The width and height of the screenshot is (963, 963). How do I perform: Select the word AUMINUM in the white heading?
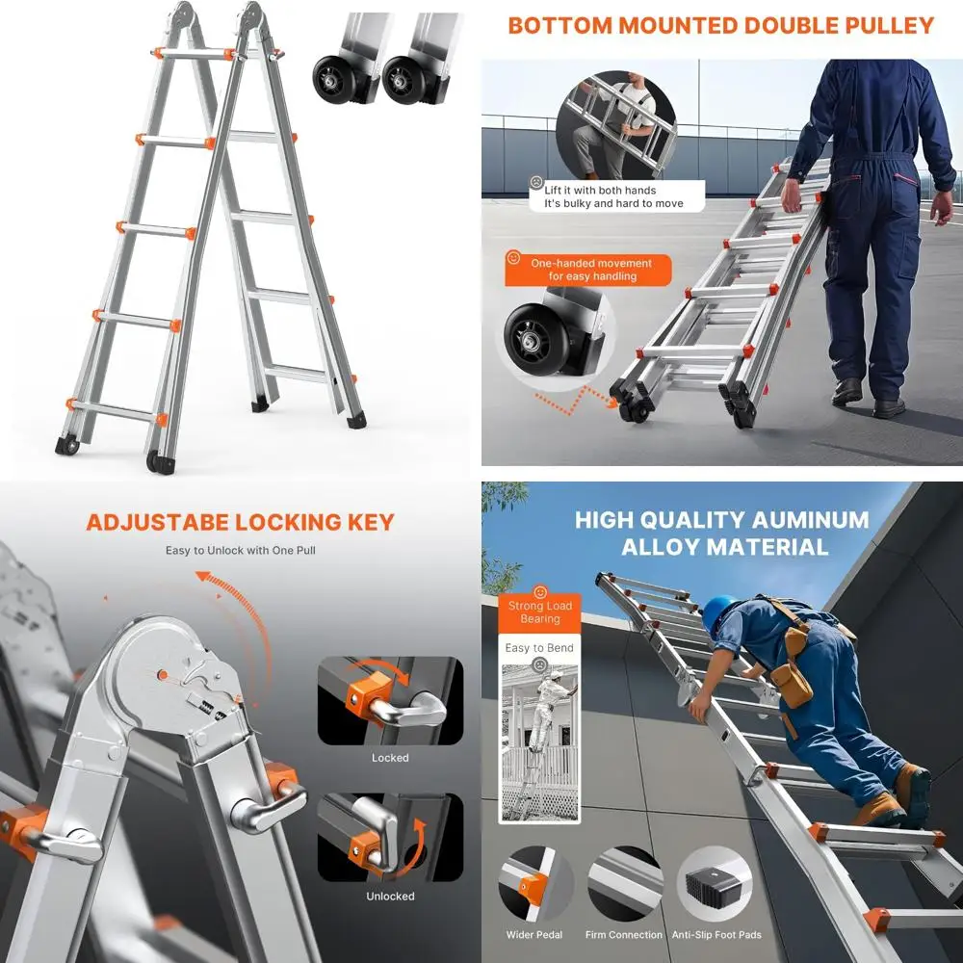pos(810,520)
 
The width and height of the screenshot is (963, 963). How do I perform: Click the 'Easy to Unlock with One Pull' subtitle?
pos(240,550)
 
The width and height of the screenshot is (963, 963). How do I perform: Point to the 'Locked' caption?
pos(390,758)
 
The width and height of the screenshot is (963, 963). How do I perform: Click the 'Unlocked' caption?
pos(390,896)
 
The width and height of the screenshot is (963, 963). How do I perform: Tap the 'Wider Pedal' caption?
pos(534,935)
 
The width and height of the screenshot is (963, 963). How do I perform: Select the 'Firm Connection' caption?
pos(623,935)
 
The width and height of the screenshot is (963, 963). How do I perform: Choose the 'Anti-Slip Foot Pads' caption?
pos(716,935)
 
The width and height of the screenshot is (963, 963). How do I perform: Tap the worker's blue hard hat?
pos(717,612)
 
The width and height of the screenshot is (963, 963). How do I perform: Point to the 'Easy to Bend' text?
pos(539,648)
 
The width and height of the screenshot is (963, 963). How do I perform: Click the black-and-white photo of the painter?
pos(540,742)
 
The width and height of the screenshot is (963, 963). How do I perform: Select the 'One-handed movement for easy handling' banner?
pos(588,271)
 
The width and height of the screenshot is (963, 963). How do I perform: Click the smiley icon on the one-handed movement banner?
pos(513,257)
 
